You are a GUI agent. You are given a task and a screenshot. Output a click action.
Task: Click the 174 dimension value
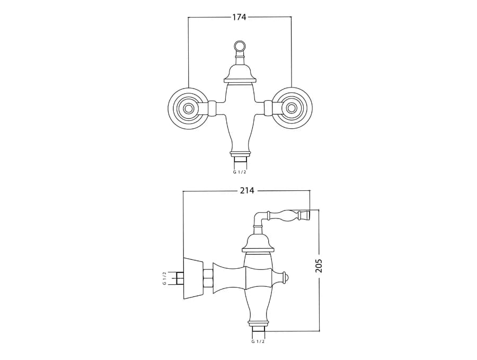[x=239, y=17]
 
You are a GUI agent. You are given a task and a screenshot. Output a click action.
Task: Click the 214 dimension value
[x=247, y=191]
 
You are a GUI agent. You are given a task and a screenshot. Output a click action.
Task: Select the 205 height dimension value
[x=319, y=266]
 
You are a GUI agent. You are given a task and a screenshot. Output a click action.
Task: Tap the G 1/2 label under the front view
[x=240, y=172]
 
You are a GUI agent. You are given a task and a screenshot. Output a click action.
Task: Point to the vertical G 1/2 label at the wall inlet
[x=164, y=278]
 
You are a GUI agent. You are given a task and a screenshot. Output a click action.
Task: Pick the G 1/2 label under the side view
[x=258, y=341]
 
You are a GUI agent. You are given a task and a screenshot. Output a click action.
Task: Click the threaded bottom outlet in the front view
[x=240, y=160]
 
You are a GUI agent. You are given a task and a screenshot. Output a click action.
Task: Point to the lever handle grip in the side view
[x=289, y=215]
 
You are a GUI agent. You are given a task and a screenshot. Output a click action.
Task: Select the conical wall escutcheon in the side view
[x=193, y=278]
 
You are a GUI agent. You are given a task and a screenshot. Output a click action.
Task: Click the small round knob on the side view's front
[x=285, y=278]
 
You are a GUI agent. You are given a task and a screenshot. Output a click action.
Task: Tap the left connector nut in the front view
[x=211, y=108]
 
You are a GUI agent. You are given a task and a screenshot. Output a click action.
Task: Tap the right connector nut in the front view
[x=268, y=108]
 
